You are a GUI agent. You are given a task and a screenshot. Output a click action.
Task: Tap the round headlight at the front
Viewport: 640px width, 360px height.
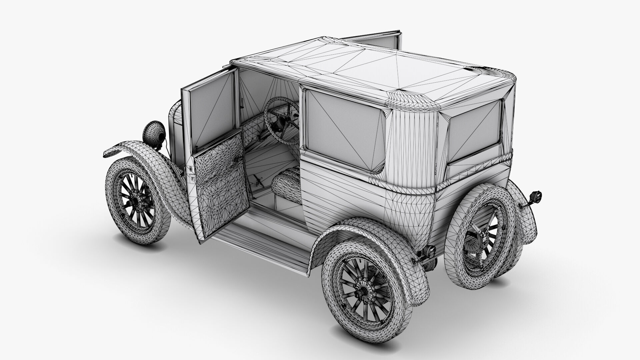[x=154, y=132]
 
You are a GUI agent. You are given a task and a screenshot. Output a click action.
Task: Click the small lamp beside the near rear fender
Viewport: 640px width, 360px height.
[x=429, y=250]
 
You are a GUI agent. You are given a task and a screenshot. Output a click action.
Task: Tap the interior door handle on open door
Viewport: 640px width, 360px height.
[x=238, y=160]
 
